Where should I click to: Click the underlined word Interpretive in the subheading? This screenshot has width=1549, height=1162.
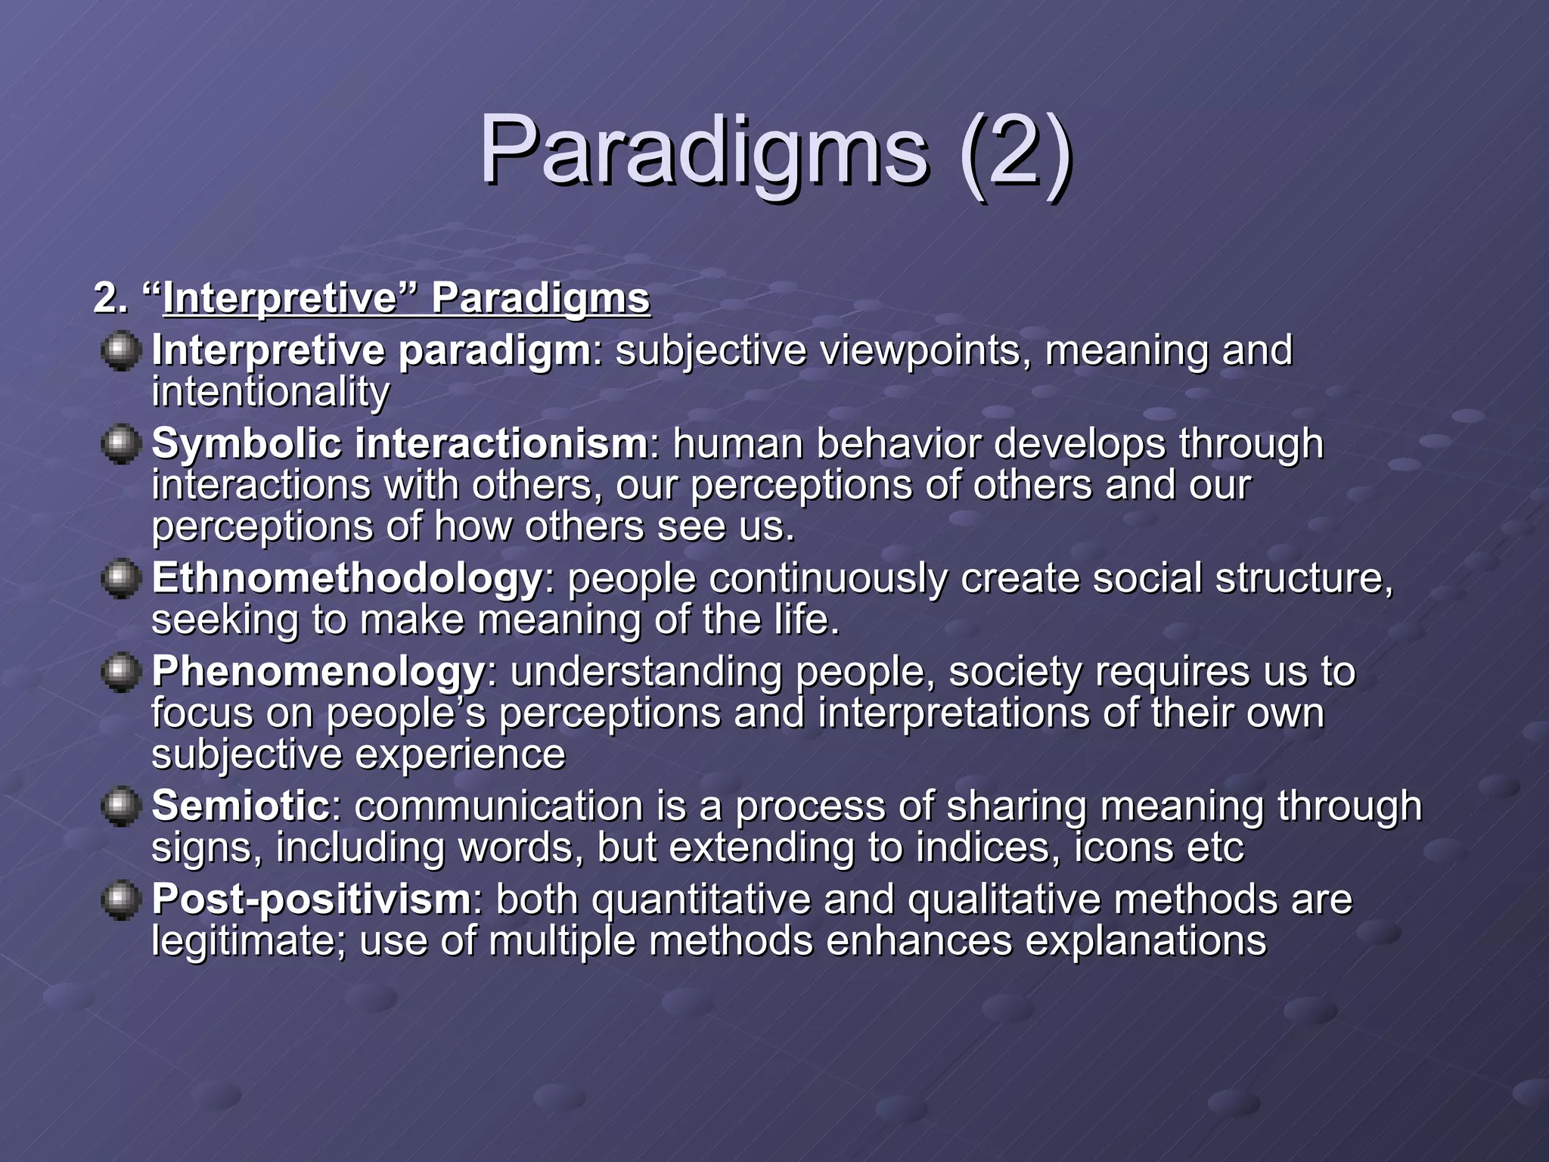pos(280,298)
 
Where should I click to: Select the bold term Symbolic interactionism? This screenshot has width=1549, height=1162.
pos(399,443)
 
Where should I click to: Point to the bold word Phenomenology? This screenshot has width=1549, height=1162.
pos(318,671)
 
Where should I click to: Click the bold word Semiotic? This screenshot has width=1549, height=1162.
pos(241,806)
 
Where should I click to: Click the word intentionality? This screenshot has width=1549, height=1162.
pos(270,393)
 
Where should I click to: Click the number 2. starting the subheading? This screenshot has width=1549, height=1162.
pos(110,298)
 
